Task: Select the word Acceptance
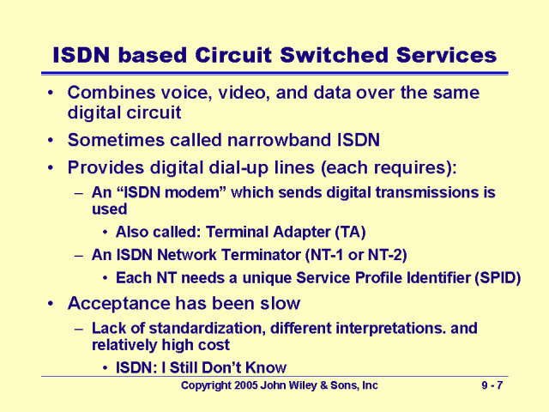[120, 303]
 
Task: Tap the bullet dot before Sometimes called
[54, 139]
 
